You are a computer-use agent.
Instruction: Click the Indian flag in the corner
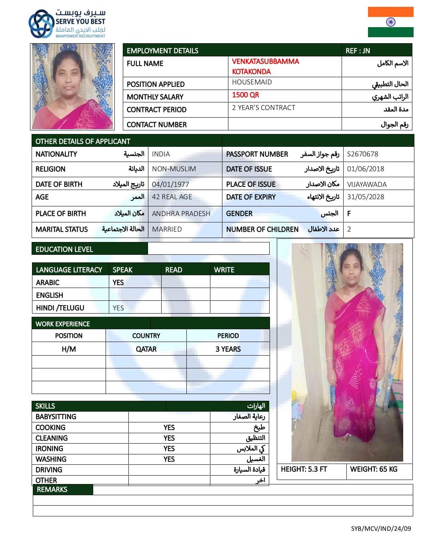tap(390, 22)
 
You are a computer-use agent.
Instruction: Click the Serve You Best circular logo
tap(41, 24)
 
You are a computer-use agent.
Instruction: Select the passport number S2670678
tap(362, 154)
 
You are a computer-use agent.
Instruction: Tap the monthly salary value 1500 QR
tap(246, 95)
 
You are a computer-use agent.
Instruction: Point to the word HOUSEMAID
tap(252, 82)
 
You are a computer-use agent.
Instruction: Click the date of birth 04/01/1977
tap(170, 184)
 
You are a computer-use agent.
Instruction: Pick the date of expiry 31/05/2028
tap(366, 197)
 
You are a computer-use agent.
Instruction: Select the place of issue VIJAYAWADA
tap(367, 184)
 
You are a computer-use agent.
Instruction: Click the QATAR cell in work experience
tap(146, 349)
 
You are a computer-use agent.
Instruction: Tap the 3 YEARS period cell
tap(228, 349)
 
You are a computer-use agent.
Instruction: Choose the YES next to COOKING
tap(169, 428)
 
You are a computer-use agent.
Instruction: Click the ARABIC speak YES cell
tap(118, 282)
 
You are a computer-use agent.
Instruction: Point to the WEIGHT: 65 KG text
tap(374, 469)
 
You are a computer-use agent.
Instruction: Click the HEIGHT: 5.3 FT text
tap(304, 469)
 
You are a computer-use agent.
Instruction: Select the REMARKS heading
tap(52, 490)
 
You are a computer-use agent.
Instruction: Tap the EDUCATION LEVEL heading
tap(64, 249)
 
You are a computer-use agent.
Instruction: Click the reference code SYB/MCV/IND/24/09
tap(381, 528)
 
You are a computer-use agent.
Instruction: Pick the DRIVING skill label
tap(49, 470)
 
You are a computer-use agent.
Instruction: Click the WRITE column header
tap(224, 270)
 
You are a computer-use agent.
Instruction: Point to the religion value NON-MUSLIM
tap(174, 169)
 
